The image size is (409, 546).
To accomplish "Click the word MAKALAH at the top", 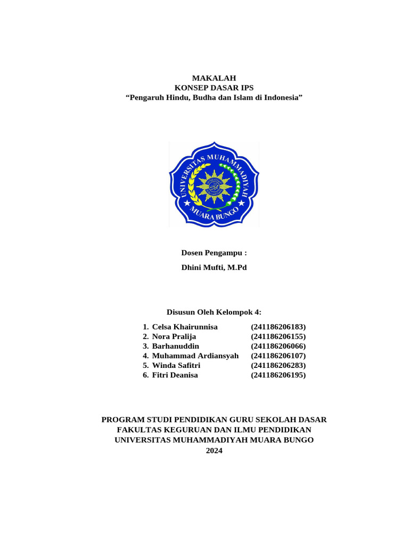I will [214, 78].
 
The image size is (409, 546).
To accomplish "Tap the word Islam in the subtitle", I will [242, 98].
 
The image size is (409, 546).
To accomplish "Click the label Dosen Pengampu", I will [214, 253].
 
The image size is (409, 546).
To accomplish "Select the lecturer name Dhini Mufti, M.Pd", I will [214, 268].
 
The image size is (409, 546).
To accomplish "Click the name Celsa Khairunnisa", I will [185, 327].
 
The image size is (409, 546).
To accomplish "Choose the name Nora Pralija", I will [174, 336].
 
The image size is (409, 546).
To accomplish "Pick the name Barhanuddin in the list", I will [175, 346].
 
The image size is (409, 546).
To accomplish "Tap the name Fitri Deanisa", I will [175, 375].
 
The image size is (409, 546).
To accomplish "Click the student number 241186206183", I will [279, 327].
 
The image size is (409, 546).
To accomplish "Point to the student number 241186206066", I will [279, 346].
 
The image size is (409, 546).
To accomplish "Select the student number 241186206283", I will [279, 365].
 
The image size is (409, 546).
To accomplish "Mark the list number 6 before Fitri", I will [145, 375].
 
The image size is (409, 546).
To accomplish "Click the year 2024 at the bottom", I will [214, 451].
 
